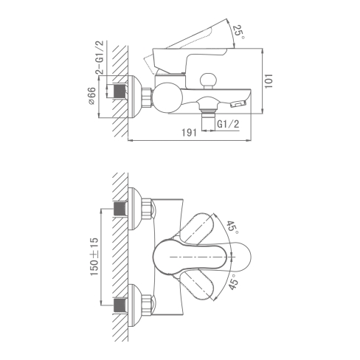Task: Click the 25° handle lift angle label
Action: pyautogui.click(x=239, y=31)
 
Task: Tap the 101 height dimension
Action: pyautogui.click(x=269, y=80)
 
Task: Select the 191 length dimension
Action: pyautogui.click(x=189, y=133)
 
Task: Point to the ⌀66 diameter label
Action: pyautogui.click(x=91, y=96)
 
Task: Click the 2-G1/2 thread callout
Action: pyautogui.click(x=100, y=58)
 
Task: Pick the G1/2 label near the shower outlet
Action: pyautogui.click(x=228, y=124)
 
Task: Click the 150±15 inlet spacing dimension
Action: pyautogui.click(x=95, y=257)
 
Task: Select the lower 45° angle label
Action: pyautogui.click(x=233, y=284)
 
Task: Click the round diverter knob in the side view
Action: pyautogui.click(x=209, y=80)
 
